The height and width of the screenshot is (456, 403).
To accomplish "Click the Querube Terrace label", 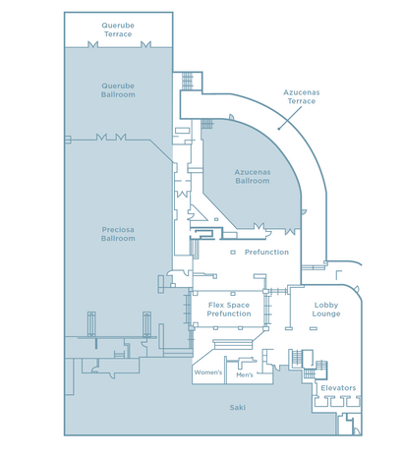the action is pos(118,29).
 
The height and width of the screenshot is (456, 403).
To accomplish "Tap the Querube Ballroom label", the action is pos(118,90).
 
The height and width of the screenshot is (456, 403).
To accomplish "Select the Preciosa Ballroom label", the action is pos(118,234).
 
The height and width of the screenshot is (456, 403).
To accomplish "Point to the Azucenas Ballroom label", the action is pos(253,177).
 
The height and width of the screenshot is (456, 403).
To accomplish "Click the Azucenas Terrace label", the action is pos(302,96).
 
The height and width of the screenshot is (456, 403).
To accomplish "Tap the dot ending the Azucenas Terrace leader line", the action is pos(279,129).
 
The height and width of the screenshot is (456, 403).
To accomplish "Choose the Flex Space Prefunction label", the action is pos(229,310).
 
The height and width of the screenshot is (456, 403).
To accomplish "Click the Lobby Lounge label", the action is pos(326,310).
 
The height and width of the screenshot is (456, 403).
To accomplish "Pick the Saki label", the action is pos(238,408).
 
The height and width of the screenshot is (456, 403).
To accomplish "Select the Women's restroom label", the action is pos(208,372).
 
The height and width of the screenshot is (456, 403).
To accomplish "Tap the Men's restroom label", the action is pos(245,375).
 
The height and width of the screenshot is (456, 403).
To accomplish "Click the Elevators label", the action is pos(338,388).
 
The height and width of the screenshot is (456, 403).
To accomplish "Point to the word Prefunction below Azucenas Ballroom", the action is pos(266,253).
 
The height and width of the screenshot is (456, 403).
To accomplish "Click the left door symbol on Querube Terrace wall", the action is pos(93,44).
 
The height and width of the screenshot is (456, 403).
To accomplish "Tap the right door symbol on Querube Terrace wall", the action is pos(145,44).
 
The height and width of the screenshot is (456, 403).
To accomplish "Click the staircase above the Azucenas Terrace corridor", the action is pos(188,81).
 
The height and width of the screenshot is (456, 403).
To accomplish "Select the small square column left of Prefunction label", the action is pos(233,253).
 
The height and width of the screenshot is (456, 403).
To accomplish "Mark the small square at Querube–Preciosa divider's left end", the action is pos(68,140).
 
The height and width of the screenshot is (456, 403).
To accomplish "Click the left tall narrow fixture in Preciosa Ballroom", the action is pos(91,324).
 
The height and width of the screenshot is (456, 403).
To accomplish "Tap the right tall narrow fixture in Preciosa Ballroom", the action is pos(146,324).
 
